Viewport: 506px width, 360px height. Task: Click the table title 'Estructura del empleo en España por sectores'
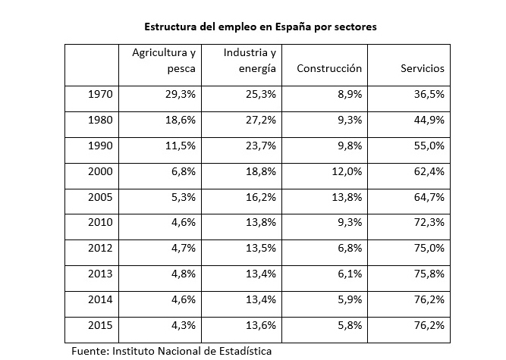pos(260,26)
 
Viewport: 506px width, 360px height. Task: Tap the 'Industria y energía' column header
pos(250,61)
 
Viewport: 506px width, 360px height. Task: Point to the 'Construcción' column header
pos(329,68)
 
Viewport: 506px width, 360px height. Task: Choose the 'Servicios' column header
pos(422,68)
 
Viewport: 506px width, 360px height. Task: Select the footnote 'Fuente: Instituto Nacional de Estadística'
pos(171,351)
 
